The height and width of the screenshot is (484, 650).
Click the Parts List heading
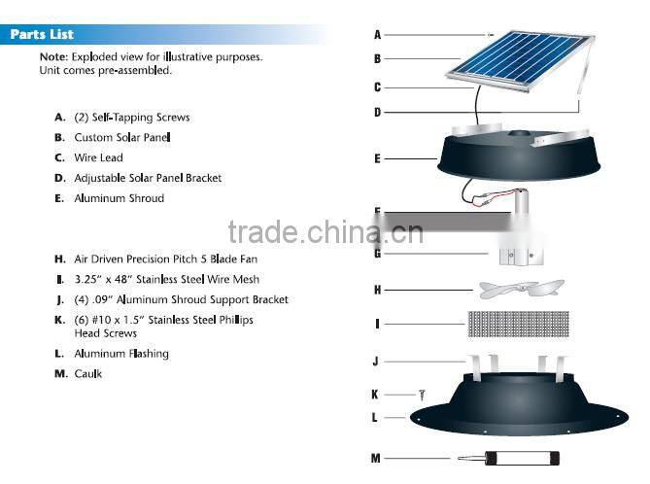42,35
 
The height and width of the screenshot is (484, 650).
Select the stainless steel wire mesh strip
520,323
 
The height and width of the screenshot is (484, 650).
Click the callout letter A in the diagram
377,35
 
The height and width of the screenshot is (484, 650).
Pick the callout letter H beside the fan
377,290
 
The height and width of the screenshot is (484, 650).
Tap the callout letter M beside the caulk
376,458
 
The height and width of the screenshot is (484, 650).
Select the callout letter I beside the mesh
377,324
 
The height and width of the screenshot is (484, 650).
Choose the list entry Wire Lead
98,157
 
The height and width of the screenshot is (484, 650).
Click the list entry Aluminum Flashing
121,354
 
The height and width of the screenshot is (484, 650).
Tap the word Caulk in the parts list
88,374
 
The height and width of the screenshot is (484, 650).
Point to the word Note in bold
52,57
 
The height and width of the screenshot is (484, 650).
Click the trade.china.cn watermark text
325,232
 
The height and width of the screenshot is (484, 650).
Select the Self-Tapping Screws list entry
132,117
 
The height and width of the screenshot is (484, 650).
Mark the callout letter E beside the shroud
377,157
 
